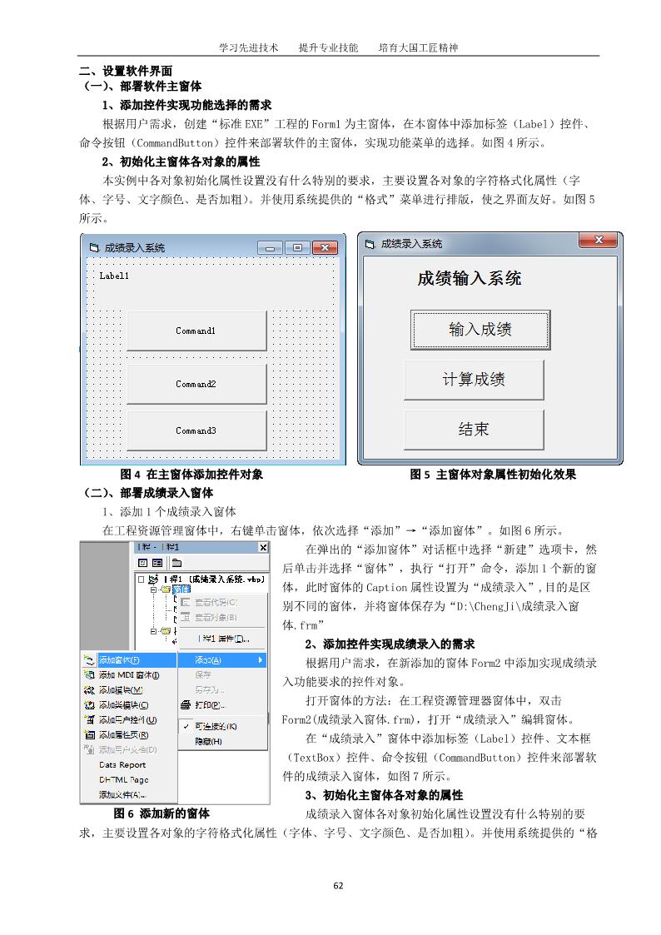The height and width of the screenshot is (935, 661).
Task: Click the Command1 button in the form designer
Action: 196,331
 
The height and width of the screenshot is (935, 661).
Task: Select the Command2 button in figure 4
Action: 196,384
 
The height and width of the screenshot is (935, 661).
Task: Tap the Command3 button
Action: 196,430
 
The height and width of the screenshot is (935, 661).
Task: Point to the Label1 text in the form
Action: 114,276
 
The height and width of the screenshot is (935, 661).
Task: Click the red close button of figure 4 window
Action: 325,247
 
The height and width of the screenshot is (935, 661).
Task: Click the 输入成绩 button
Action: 480,330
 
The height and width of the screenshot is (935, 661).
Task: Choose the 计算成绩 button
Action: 474,380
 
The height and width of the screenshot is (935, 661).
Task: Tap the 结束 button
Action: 474,430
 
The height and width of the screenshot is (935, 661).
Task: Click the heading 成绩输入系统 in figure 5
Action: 470,278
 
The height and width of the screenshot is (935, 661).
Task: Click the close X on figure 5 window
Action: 598,241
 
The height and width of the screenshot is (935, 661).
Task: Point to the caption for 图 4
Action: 191,475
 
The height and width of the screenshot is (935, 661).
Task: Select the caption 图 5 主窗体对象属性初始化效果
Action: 493,475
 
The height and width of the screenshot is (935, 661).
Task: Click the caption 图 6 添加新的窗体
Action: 162,813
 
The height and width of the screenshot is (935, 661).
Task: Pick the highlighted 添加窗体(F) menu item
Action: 119,660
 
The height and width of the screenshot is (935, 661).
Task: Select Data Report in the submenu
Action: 122,764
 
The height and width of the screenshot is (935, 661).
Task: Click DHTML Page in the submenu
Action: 123,779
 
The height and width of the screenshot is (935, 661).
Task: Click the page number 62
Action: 338,885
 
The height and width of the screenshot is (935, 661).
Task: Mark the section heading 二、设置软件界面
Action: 137,72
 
